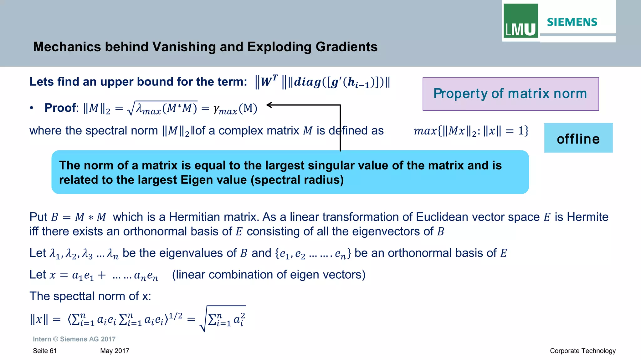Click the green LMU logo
pyautogui.click(x=520, y=21)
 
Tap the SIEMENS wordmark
pyautogui.click(x=572, y=22)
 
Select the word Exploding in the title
pyautogui.click(x=279, y=47)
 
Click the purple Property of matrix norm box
pyautogui.click(x=510, y=94)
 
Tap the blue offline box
pyautogui.click(x=578, y=138)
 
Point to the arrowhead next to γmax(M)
pyautogui.click(x=269, y=105)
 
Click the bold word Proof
pyautogui.click(x=60, y=108)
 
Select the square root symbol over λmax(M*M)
pyautogui.click(x=131, y=109)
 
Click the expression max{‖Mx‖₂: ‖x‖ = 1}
pyautogui.click(x=471, y=131)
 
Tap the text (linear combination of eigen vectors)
pyautogui.click(x=269, y=275)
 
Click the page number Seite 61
pyautogui.click(x=45, y=351)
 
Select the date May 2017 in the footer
pyautogui.click(x=115, y=351)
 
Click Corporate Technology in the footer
pyautogui.click(x=582, y=351)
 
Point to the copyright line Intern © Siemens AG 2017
pyautogui.click(x=74, y=339)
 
